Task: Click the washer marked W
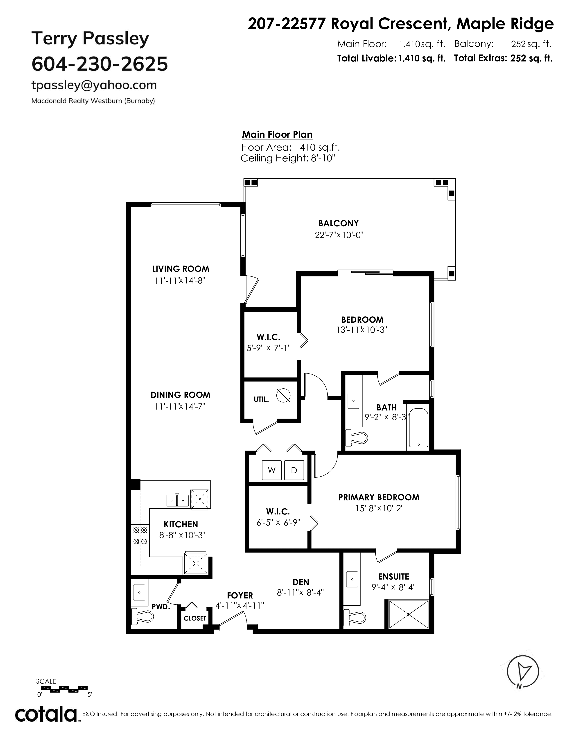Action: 272,470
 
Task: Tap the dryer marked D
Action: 294,470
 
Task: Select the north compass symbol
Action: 523,680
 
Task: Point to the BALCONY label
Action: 338,223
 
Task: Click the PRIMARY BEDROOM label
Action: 379,497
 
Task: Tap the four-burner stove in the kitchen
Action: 140,535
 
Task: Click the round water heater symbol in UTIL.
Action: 283,395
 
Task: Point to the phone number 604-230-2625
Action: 100,64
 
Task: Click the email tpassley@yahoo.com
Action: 94,85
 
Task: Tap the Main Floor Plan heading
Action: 277,135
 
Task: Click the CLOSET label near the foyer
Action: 195,618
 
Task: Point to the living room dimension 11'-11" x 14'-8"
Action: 180,281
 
